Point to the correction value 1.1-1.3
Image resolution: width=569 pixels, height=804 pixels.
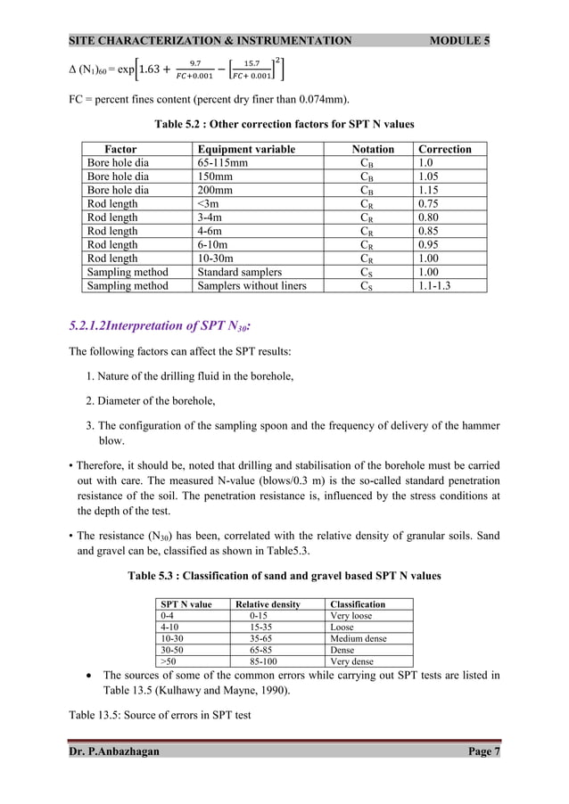pos(439,286)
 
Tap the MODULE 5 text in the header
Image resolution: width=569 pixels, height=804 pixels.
pos(464,41)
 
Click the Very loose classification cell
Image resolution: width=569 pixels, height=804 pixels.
pos(350,616)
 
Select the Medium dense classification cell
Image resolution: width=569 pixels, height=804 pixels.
pos(357,639)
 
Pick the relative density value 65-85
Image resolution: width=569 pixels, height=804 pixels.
pos(265,651)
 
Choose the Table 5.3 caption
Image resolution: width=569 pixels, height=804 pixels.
pos(284,577)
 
